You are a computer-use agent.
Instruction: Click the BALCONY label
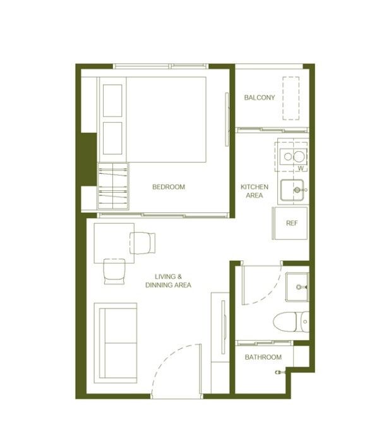pos(260,97)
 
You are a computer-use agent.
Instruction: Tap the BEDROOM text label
pos(169,187)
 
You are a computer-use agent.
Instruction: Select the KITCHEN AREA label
pos(255,191)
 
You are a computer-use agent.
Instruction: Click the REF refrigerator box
pos(290,223)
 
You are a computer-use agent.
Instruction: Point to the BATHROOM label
pos(263,357)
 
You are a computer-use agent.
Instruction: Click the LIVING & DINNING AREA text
pos(168,281)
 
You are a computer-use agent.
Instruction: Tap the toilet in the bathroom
pos(291,322)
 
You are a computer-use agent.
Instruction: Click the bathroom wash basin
pos(297,287)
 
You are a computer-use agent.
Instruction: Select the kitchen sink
pos(292,190)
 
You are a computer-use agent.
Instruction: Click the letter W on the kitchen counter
pos(301,168)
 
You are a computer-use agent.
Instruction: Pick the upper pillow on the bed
pos(112,101)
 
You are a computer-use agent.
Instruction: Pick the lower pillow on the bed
pos(112,138)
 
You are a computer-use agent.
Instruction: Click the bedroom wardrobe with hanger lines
pos(113,186)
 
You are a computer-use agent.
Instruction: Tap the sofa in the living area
pos(116,343)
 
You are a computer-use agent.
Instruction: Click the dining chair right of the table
pos(142,243)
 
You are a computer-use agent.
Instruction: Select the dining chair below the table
pos(114,271)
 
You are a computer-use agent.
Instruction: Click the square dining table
pos(114,243)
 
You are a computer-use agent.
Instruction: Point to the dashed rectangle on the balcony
pos(291,99)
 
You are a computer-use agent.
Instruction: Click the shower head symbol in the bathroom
pos(280,372)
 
